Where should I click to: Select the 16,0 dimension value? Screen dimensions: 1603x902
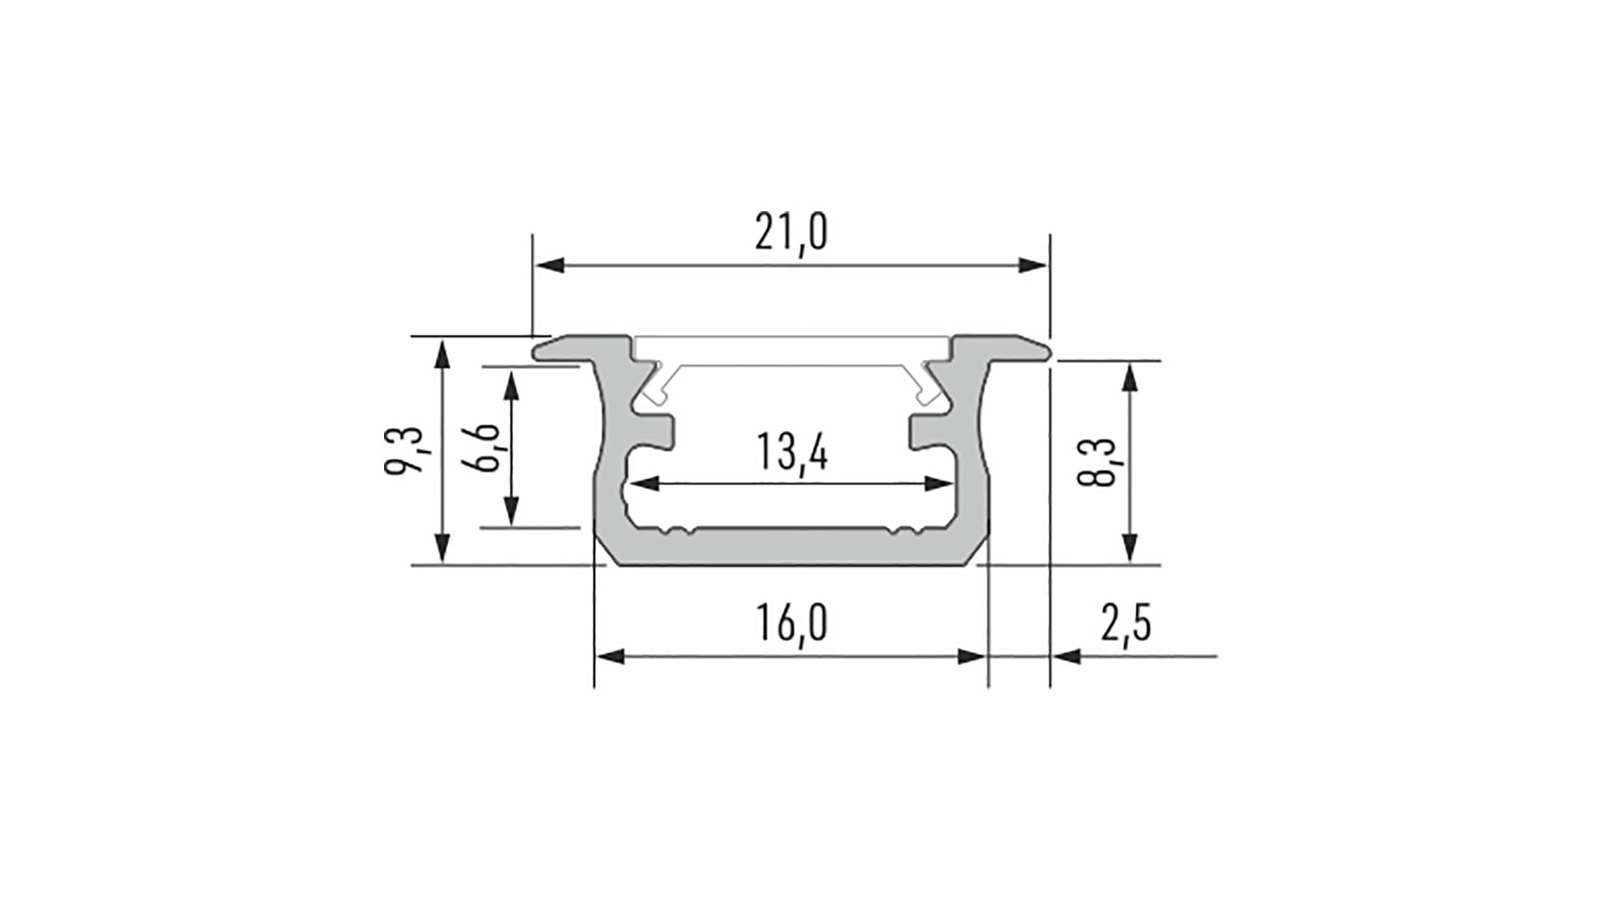click(791, 623)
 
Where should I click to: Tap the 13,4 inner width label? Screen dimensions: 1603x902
click(791, 453)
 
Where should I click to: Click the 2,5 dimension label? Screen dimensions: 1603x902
click(1125, 623)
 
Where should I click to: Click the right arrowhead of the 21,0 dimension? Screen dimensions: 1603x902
click(1030, 266)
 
